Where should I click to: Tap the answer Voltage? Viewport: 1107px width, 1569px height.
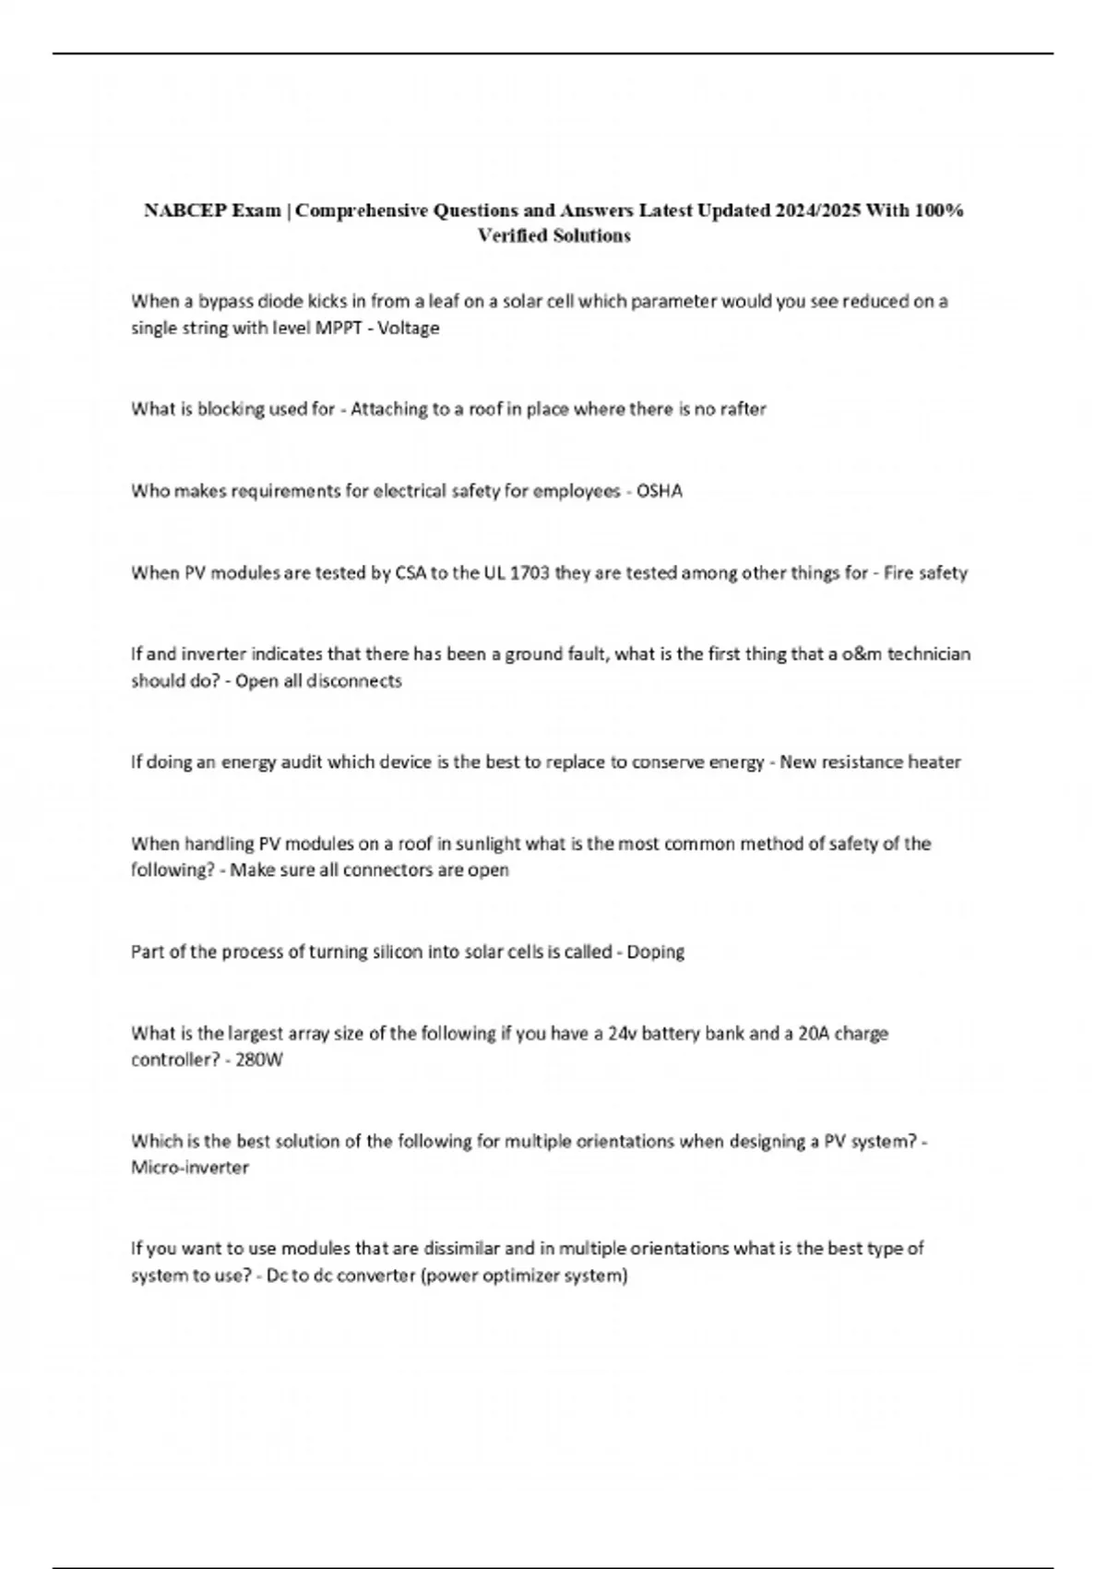coord(409,328)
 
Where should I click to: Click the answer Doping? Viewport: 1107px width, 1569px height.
coord(656,952)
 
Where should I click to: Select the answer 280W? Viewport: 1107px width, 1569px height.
coord(259,1060)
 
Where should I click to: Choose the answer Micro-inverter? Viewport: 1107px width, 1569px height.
coord(190,1168)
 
